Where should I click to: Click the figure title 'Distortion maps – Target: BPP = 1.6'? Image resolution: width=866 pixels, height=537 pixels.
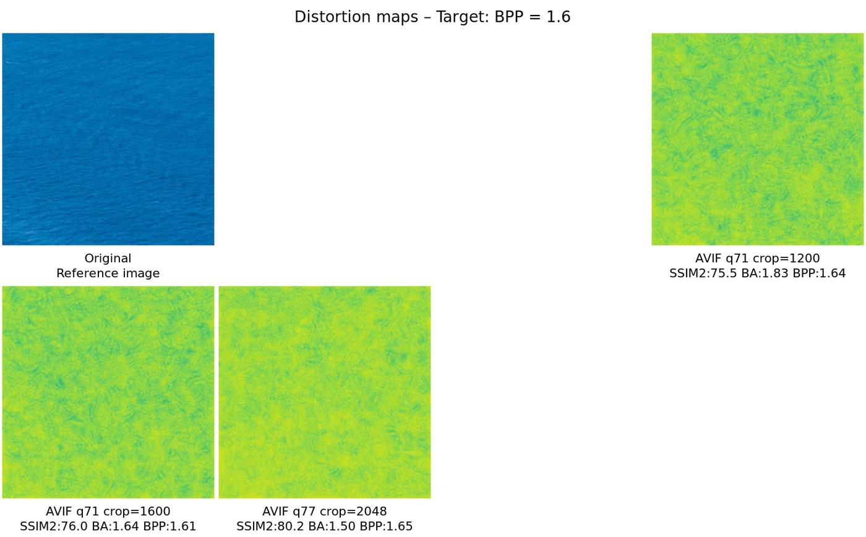coord(432,17)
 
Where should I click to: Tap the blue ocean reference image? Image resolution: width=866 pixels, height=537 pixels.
coord(108,139)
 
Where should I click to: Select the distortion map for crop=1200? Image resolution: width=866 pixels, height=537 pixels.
coord(757,139)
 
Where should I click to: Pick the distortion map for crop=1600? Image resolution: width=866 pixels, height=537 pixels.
coord(108,392)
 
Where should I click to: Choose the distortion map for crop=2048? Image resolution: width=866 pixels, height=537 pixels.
coord(325,392)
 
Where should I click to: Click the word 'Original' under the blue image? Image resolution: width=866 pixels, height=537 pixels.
coord(108,259)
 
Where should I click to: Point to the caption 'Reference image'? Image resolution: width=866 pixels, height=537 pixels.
coord(108,273)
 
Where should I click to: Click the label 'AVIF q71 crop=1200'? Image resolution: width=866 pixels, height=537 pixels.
coord(757,259)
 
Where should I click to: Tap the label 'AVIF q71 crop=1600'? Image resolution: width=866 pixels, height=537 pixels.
coord(108,512)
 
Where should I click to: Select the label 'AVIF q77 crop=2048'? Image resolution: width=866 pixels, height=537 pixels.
coord(325,512)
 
